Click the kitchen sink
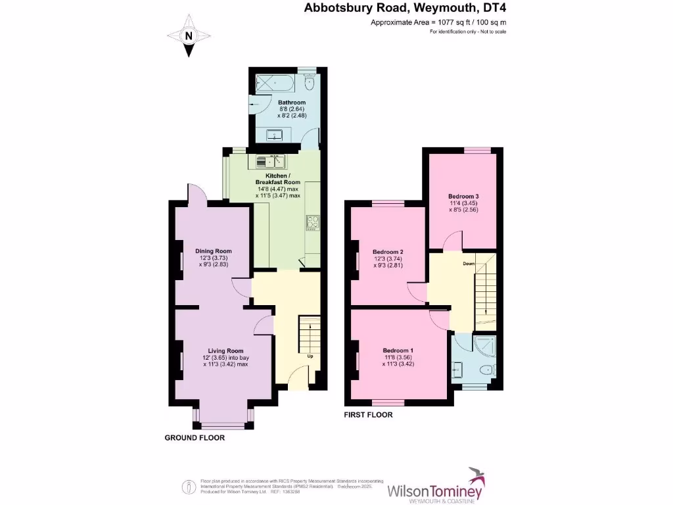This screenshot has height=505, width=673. pyautogui.click(x=269, y=160)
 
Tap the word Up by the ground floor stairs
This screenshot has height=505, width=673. pyautogui.click(x=310, y=356)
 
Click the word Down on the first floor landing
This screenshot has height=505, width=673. pyautogui.click(x=469, y=263)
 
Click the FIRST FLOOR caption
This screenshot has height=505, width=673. pyautogui.click(x=369, y=415)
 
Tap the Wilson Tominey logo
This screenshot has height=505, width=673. pyautogui.click(x=436, y=485)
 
